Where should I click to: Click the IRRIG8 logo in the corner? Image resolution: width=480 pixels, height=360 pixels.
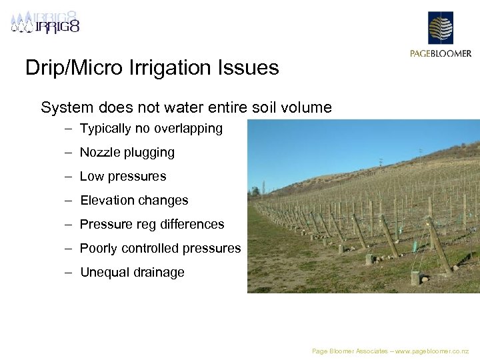45,22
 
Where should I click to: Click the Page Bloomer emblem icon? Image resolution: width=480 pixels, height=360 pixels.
440,27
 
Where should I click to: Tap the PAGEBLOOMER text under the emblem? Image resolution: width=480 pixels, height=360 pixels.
440,53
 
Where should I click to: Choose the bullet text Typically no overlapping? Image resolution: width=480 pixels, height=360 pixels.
151,129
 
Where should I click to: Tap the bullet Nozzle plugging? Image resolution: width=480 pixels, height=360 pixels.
127,153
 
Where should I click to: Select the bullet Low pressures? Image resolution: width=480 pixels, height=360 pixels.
123,177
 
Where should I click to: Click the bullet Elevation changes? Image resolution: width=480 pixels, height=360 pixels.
134,201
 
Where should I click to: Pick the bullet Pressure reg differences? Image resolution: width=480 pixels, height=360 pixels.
152,225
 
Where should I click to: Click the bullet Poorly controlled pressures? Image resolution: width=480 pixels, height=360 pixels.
160,249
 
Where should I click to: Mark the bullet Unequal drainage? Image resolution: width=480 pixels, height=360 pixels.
132,273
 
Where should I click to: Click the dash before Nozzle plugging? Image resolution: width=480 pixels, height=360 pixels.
69,153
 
